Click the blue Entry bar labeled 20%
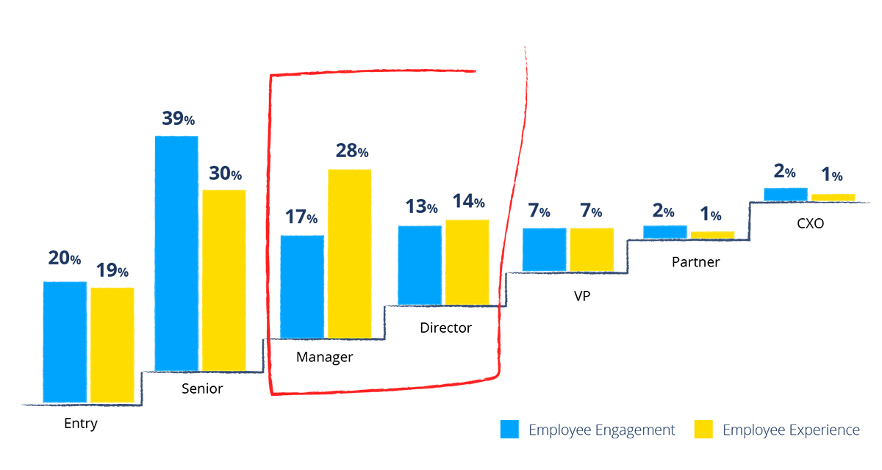(x=65, y=341)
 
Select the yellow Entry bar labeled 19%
(x=112, y=344)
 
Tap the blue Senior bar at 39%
(x=176, y=253)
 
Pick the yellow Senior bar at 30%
(x=224, y=280)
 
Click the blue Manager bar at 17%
(x=302, y=286)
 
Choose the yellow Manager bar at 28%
(x=349, y=253)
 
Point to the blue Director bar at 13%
(x=420, y=265)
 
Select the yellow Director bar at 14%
(x=467, y=262)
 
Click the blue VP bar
(x=545, y=250)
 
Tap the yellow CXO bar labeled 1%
(x=833, y=197)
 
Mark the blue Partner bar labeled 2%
(x=665, y=231)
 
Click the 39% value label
(x=178, y=119)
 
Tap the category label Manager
(x=325, y=358)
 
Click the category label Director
(x=445, y=328)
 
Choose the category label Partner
(x=695, y=261)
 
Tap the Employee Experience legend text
(x=791, y=430)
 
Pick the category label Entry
(x=81, y=424)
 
